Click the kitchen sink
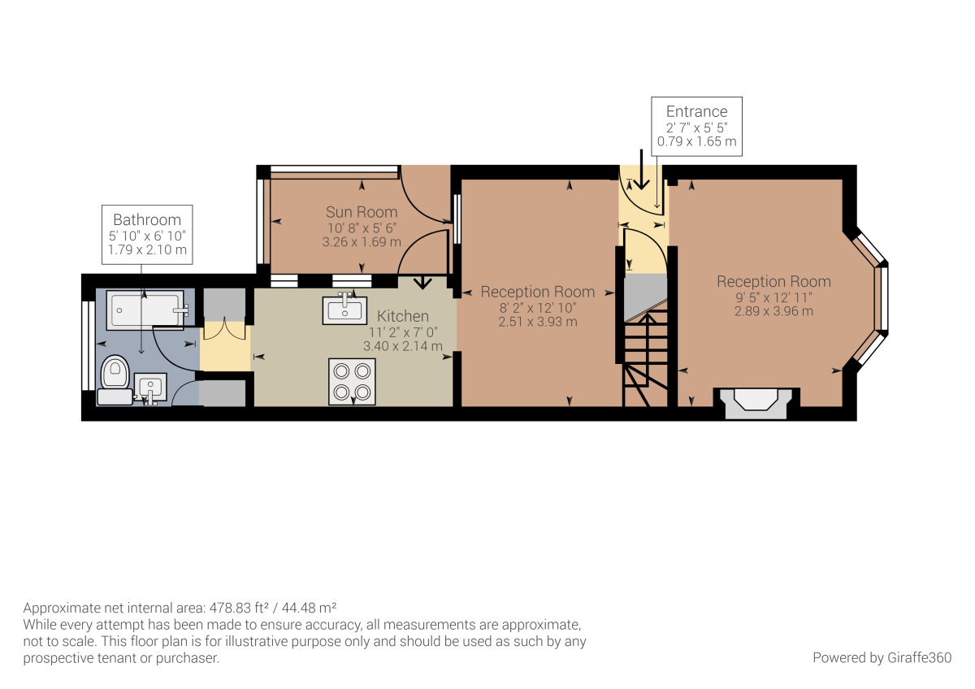tap(344, 310)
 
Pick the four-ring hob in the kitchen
tap(353, 381)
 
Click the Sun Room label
tap(362, 212)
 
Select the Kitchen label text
tap(403, 316)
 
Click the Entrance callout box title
tap(696, 111)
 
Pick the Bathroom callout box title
tap(147, 219)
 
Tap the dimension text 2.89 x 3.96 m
tap(773, 311)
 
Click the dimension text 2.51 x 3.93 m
tap(538, 321)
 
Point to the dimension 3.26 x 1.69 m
tap(362, 242)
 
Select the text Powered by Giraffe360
tap(882, 657)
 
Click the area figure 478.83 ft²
tap(220, 608)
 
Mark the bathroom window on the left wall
tap(87, 345)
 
